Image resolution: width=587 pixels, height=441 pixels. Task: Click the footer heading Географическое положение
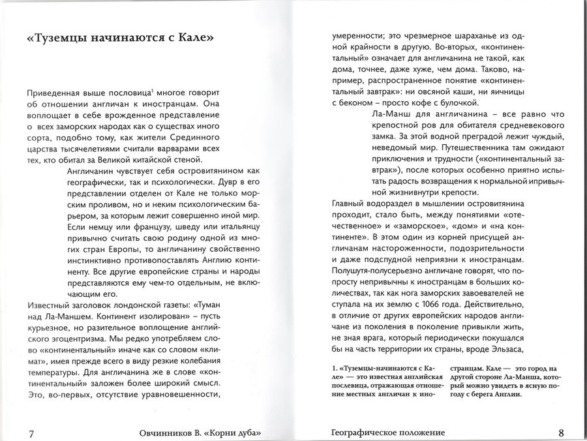(389, 433)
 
